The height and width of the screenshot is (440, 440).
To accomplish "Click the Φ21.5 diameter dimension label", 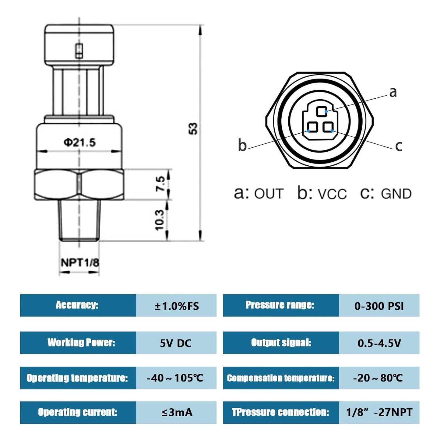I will (x=79, y=143).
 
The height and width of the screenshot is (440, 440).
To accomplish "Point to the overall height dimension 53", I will (x=193, y=128).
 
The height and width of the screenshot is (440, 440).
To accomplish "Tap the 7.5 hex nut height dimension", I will (x=160, y=184).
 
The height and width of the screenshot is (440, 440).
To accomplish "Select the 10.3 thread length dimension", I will (x=159, y=220).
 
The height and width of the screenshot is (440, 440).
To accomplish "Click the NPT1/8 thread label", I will (x=80, y=262).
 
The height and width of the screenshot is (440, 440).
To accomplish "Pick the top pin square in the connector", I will (x=321, y=111).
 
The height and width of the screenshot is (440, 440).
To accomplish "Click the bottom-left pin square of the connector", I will (x=312, y=127).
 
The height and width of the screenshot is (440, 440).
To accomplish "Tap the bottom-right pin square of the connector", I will (x=328, y=127).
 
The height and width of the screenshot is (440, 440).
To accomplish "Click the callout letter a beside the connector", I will (x=393, y=92).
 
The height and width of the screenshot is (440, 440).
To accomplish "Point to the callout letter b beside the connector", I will (x=242, y=145).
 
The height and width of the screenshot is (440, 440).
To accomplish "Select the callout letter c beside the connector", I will (x=398, y=146).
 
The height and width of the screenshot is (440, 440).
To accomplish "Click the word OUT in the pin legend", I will (x=269, y=194).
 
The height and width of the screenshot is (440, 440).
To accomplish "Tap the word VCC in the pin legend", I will (x=332, y=194).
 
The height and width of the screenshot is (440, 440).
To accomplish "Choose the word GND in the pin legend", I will (x=396, y=194).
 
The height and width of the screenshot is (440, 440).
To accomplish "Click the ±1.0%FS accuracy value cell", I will (x=176, y=306).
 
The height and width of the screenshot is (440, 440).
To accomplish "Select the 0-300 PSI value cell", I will (x=379, y=306).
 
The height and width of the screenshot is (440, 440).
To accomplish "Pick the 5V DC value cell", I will (x=176, y=343).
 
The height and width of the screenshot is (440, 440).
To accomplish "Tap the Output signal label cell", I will (x=281, y=343).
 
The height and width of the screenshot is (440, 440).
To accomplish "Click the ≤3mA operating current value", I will (x=177, y=412).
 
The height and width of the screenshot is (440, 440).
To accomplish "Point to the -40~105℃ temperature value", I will (x=175, y=378).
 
